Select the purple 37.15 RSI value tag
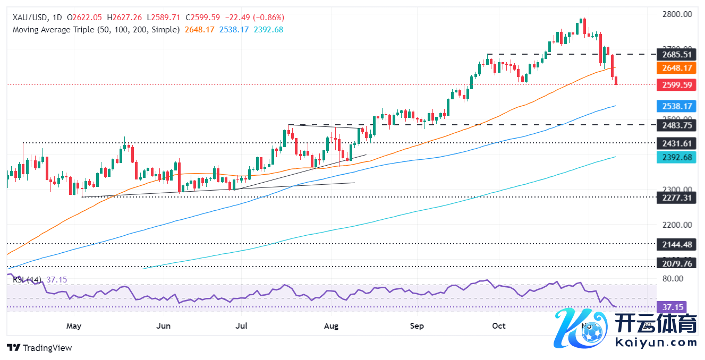click(672, 307)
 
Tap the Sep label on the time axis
click(417, 325)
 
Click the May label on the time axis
click(74, 325)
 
